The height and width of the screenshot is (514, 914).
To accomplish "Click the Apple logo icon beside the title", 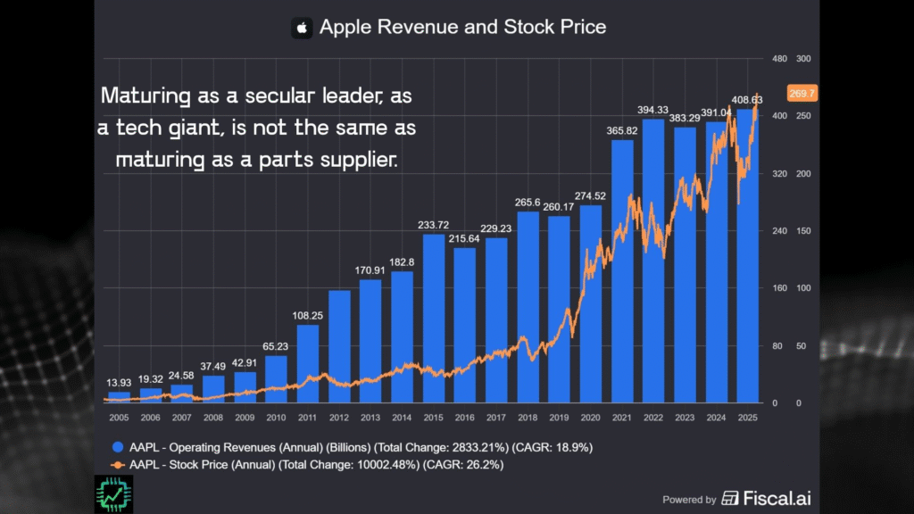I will (302, 28).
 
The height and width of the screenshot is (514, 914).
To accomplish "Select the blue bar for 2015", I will (434, 318).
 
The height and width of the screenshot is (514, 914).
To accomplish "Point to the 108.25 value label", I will (307, 316).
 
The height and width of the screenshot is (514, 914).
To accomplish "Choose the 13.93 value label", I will (118, 383).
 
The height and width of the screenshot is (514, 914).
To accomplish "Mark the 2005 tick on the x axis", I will (118, 417).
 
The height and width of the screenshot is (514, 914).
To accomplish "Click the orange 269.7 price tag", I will (802, 93).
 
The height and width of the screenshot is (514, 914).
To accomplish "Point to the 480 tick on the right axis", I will (778, 59).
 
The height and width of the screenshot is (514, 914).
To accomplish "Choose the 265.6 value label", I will (528, 203).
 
